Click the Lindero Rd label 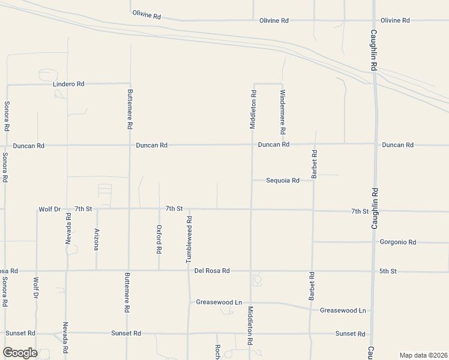(69, 84)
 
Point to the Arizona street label (96, 239)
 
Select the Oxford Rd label (159, 239)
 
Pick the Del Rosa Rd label (212, 271)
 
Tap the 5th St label (388, 271)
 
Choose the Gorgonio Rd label (398, 242)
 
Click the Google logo (20, 352)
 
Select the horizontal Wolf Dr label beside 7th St (50, 209)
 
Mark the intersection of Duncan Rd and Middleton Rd (252, 145)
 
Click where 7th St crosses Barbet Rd (313, 211)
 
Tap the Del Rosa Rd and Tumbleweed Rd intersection (188, 271)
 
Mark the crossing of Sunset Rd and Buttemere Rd (127, 333)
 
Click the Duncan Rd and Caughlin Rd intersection (375, 144)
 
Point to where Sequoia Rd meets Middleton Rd (252, 180)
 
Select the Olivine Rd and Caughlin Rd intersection (373, 20)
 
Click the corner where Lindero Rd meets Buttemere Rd (130, 83)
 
